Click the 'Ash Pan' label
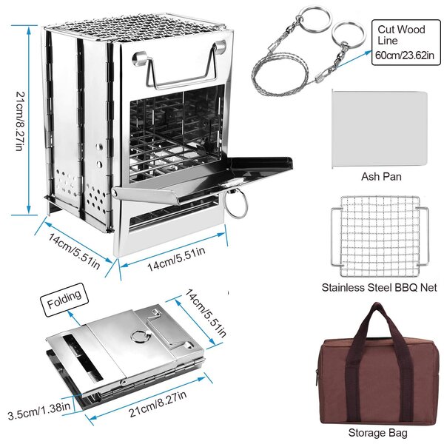click(x=381, y=176)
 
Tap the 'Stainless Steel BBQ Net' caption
click(x=379, y=287)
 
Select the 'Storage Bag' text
click(x=377, y=433)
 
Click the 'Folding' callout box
click(x=64, y=300)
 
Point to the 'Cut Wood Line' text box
click(x=406, y=42)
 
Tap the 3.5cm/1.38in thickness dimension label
click(x=39, y=411)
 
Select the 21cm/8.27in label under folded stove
click(x=158, y=403)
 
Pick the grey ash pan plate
click(x=380, y=129)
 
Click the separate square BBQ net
click(x=380, y=236)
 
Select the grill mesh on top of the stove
click(x=136, y=27)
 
